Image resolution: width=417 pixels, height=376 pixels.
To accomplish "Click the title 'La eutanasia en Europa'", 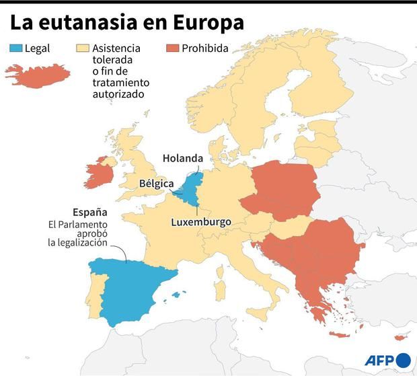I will coord(126,23).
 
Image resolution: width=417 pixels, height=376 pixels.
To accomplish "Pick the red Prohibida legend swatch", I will coord(172,48).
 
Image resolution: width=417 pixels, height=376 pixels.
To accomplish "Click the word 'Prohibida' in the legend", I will coord(205,48).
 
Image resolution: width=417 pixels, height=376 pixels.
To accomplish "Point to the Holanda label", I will coord(182,159).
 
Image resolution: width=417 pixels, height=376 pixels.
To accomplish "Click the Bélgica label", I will coord(156,183).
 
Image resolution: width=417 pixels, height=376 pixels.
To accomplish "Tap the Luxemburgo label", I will coord(200,222).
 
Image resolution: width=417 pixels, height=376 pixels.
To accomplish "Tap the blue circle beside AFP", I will coord(403,360).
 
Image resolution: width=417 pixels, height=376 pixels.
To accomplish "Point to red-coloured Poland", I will coord(282,192).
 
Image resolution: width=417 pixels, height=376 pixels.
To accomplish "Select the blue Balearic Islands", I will coord(178,294).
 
